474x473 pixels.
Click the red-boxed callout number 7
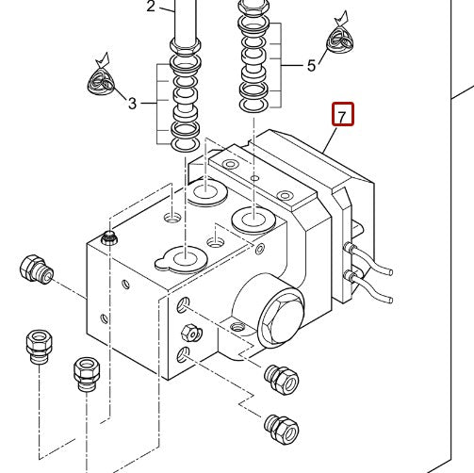click(x=342, y=116)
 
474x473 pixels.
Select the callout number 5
click(x=312, y=66)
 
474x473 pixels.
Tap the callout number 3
click(x=133, y=103)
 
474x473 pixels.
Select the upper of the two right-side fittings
click(x=283, y=379)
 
